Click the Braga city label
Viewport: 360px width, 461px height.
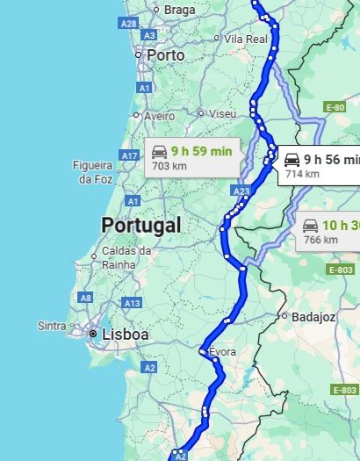click(x=179, y=10)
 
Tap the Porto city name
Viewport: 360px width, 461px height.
click(x=166, y=54)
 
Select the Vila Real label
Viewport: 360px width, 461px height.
click(x=245, y=40)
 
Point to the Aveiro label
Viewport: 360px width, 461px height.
click(x=159, y=116)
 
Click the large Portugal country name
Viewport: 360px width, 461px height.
click(x=141, y=225)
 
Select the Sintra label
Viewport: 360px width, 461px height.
click(x=52, y=326)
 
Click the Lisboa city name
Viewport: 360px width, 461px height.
click(x=126, y=335)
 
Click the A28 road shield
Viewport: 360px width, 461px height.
click(x=128, y=23)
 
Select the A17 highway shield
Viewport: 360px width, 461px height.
click(x=130, y=155)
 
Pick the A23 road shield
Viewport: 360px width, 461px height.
click(x=242, y=191)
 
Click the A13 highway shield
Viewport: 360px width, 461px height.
click(x=133, y=303)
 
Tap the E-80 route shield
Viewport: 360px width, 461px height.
click(x=334, y=107)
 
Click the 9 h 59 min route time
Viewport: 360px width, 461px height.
click(x=202, y=151)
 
